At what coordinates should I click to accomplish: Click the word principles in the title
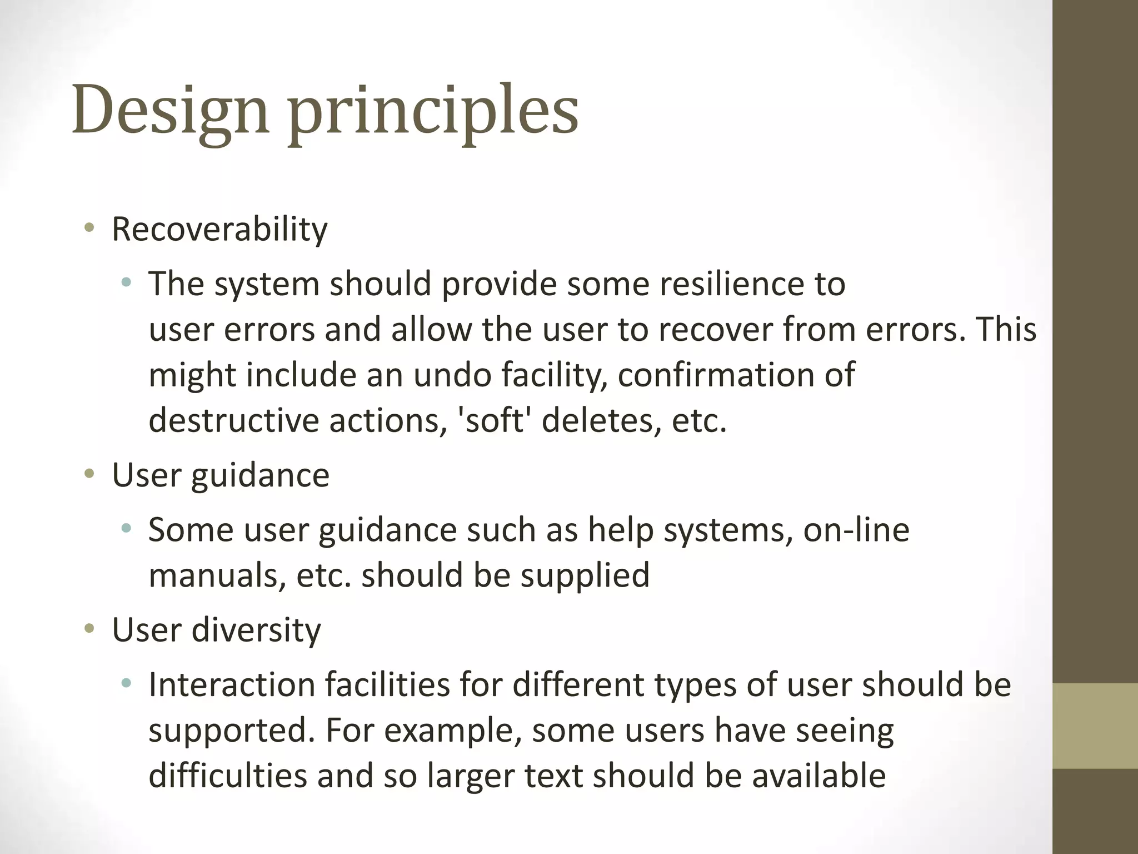(433, 111)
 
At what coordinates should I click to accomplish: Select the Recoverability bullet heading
(219, 229)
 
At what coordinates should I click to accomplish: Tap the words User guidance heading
(221, 476)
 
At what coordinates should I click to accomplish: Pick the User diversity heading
(216, 630)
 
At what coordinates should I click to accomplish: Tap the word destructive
(233, 420)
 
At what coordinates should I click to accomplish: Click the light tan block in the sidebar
(1095, 726)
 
